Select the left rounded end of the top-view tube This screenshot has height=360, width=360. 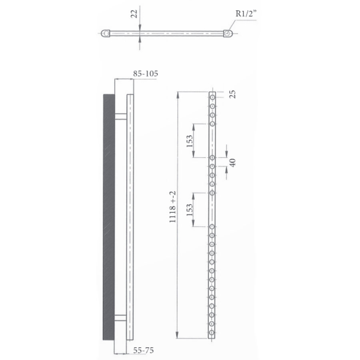pyautogui.click(x=105, y=34)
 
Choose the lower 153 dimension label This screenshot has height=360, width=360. pyautogui.click(x=190, y=209)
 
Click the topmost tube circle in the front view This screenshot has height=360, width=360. pyautogui.click(x=212, y=97)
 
